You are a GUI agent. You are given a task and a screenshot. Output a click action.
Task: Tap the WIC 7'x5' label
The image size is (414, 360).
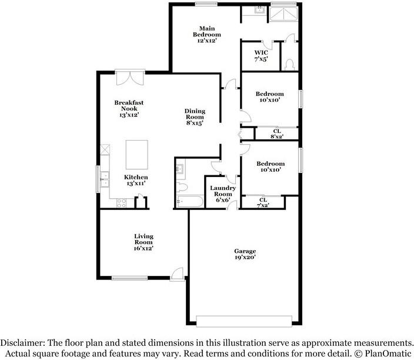261,56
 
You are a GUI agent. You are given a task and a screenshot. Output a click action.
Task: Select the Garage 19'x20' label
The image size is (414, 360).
245,254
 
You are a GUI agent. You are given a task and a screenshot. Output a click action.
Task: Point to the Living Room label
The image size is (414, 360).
143,242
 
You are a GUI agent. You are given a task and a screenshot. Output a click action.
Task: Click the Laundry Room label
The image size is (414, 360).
223,194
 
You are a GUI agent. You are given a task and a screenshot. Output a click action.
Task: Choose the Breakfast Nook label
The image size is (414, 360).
129,109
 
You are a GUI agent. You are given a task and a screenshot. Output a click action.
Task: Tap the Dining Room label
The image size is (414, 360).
194,117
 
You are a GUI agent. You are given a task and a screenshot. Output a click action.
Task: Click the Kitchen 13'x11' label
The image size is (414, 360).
135,180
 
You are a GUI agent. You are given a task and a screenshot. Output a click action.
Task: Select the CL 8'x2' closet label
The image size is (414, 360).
276,134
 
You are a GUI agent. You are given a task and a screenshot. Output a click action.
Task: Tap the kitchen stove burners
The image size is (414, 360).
122,203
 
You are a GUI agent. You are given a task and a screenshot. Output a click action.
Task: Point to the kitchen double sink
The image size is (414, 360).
105,178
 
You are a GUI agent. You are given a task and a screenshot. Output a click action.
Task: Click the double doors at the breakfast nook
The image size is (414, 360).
129,78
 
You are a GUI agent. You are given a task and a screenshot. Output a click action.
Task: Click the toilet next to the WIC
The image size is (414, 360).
288,65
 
